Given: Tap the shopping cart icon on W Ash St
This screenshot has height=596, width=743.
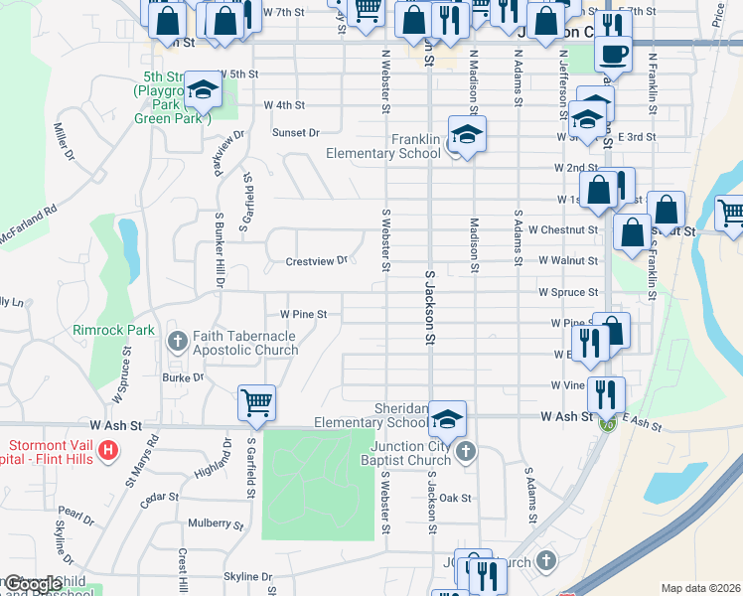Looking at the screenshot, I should tap(256, 401).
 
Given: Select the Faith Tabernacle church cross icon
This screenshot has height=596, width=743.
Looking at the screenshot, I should tap(178, 341).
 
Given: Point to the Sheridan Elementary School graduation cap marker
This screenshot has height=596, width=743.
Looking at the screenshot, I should tap(449, 418).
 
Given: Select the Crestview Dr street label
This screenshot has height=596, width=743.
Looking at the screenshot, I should tap(317, 261).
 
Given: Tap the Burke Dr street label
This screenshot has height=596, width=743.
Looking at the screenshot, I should tap(183, 377).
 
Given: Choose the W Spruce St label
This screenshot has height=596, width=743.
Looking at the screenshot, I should tap(568, 293).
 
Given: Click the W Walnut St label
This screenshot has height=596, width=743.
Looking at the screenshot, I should tap(568, 260).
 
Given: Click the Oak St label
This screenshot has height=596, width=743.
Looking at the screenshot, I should tap(454, 497).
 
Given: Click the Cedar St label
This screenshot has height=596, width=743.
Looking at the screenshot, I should tap(159, 498).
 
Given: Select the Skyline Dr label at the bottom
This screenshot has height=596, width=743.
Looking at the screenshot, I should tap(247, 576).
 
